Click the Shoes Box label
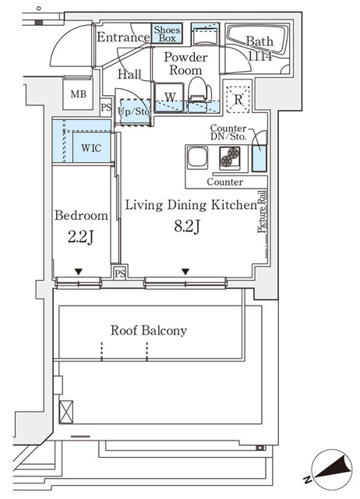pos(167,34)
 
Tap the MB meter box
pos(78,94)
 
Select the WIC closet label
pos(91,148)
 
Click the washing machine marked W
pos(169,97)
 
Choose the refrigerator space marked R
pos(238,99)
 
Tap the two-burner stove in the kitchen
pos(230,157)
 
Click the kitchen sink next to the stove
pos(197,157)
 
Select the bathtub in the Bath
pos(258,41)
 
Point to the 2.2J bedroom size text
pos(80,237)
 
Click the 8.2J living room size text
pos(187,227)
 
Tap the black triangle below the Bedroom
pos(79,272)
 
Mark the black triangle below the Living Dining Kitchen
pos(185,272)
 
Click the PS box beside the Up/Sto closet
pos(106,108)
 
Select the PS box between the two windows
pos(120,273)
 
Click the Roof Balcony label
pos(149,331)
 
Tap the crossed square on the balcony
pos(66,412)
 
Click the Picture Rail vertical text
pos(261,211)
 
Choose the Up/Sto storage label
pos(134,111)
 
